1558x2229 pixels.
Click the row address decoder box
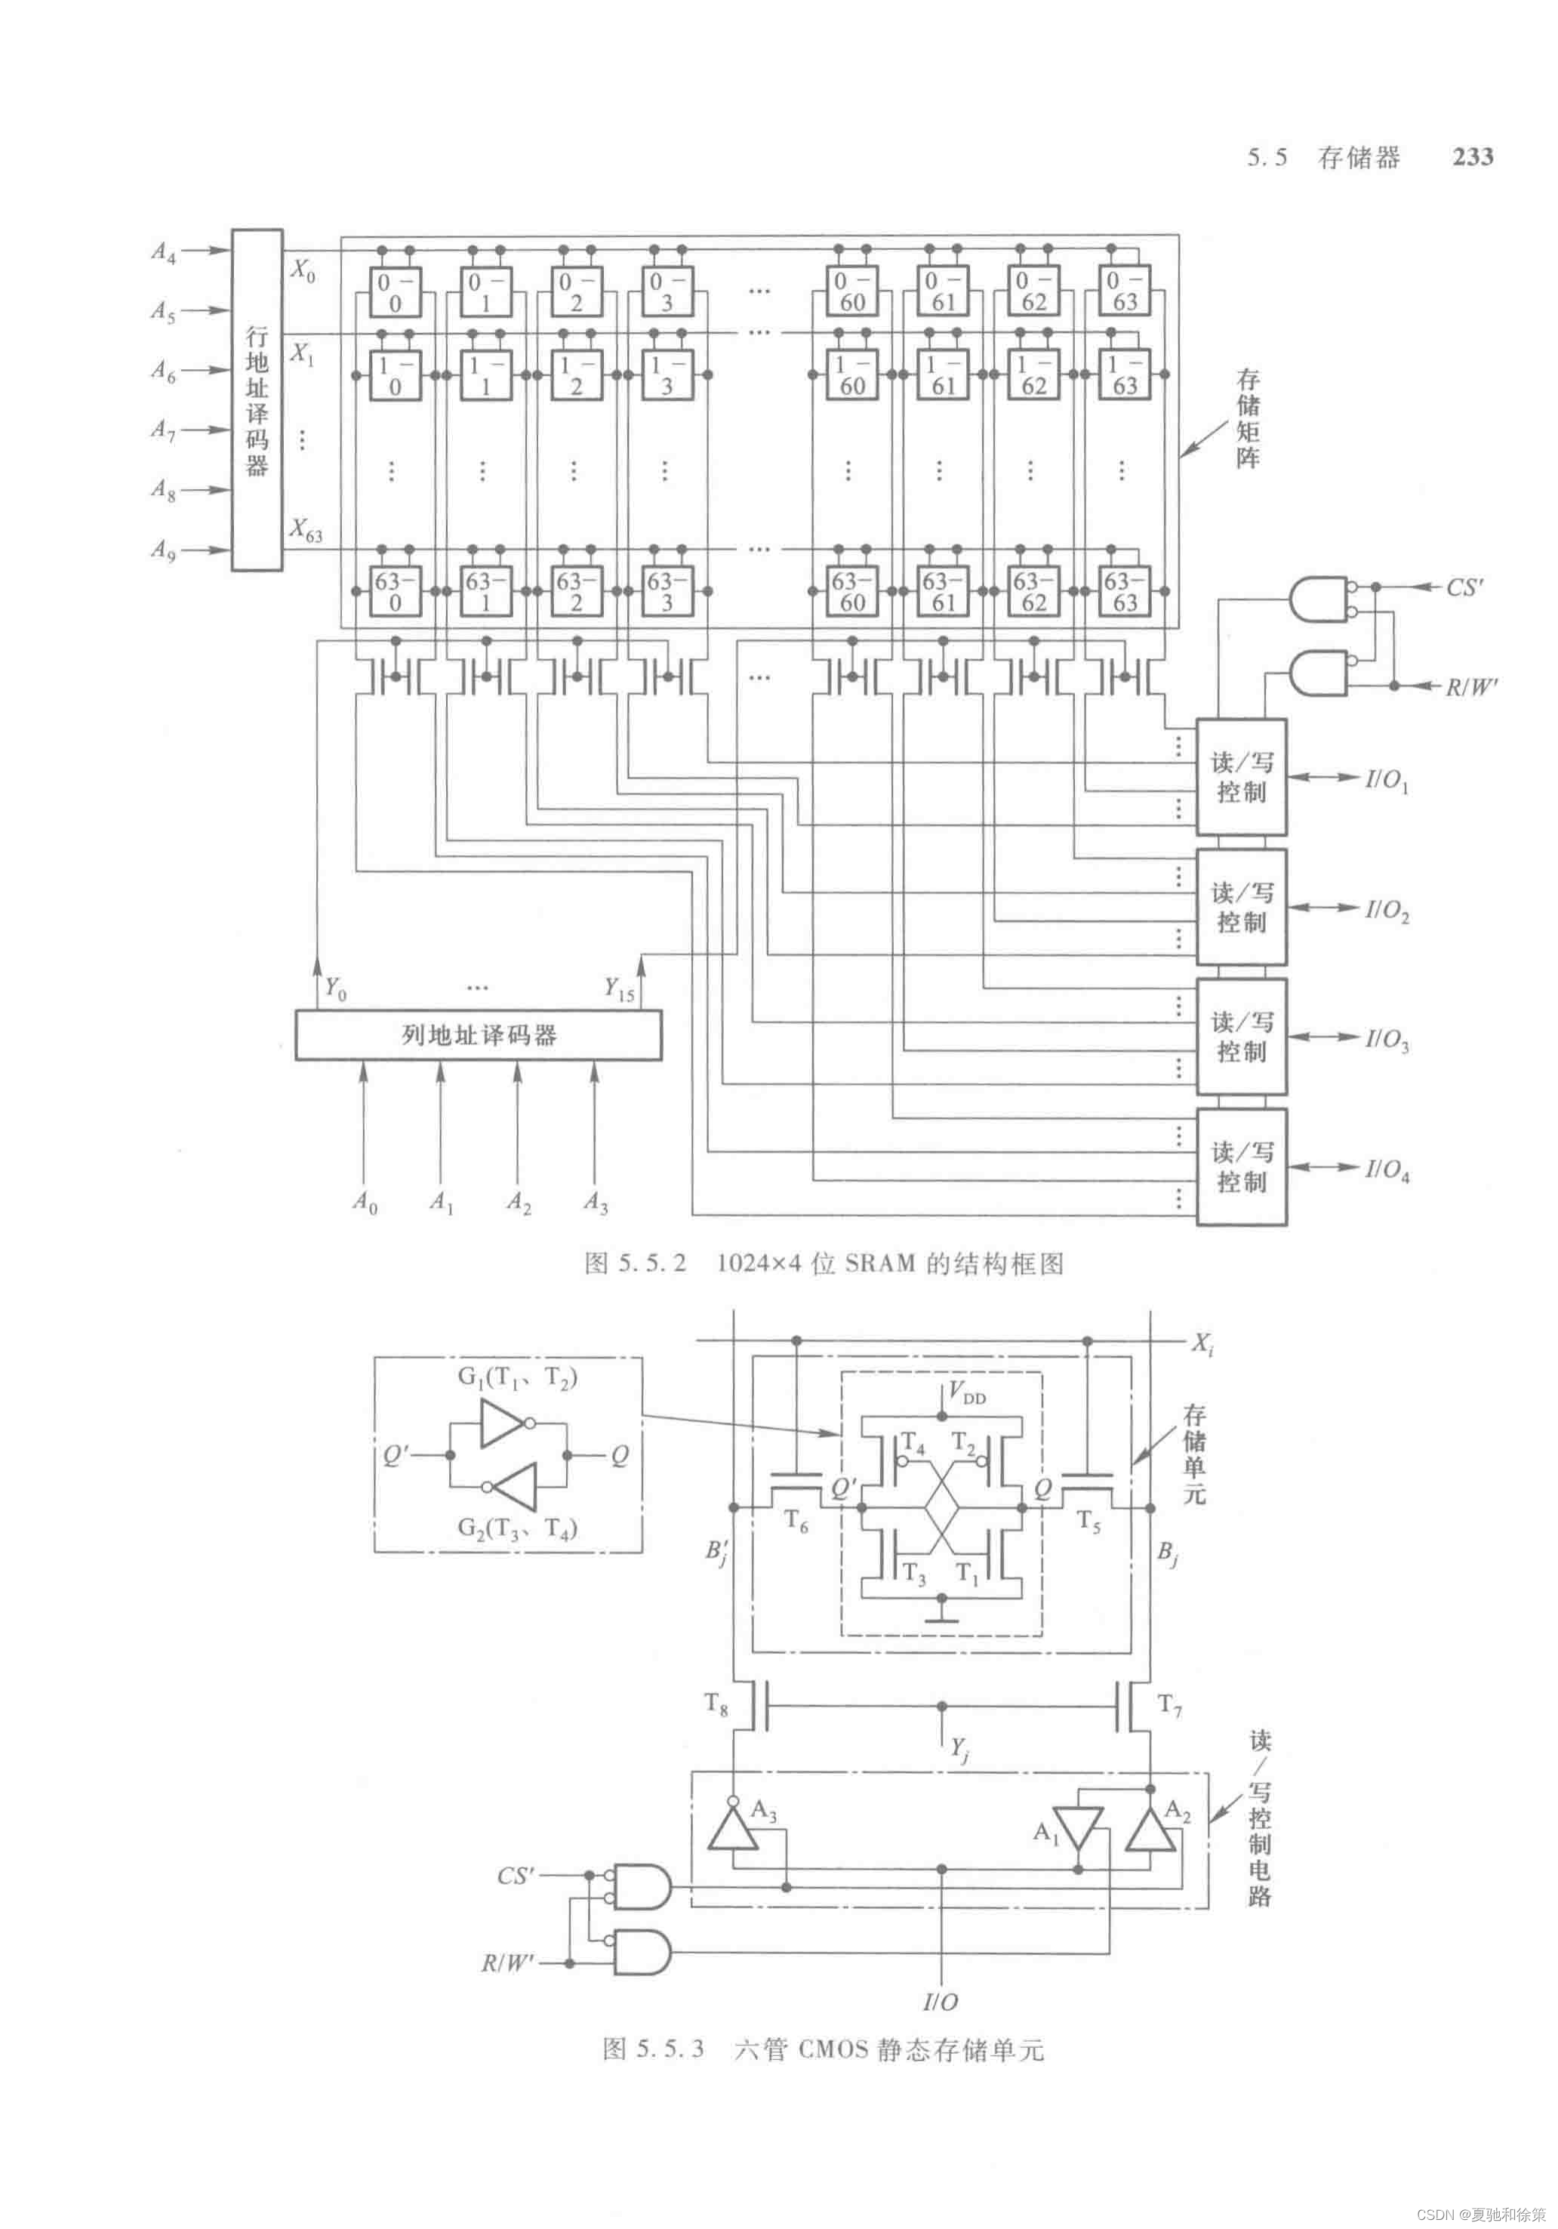click(256, 399)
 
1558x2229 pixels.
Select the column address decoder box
click(479, 1035)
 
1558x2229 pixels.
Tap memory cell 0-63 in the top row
click(1124, 291)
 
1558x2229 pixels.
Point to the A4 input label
click(163, 252)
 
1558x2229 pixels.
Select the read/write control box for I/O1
click(1242, 777)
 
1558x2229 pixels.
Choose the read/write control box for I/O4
click(1242, 1167)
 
